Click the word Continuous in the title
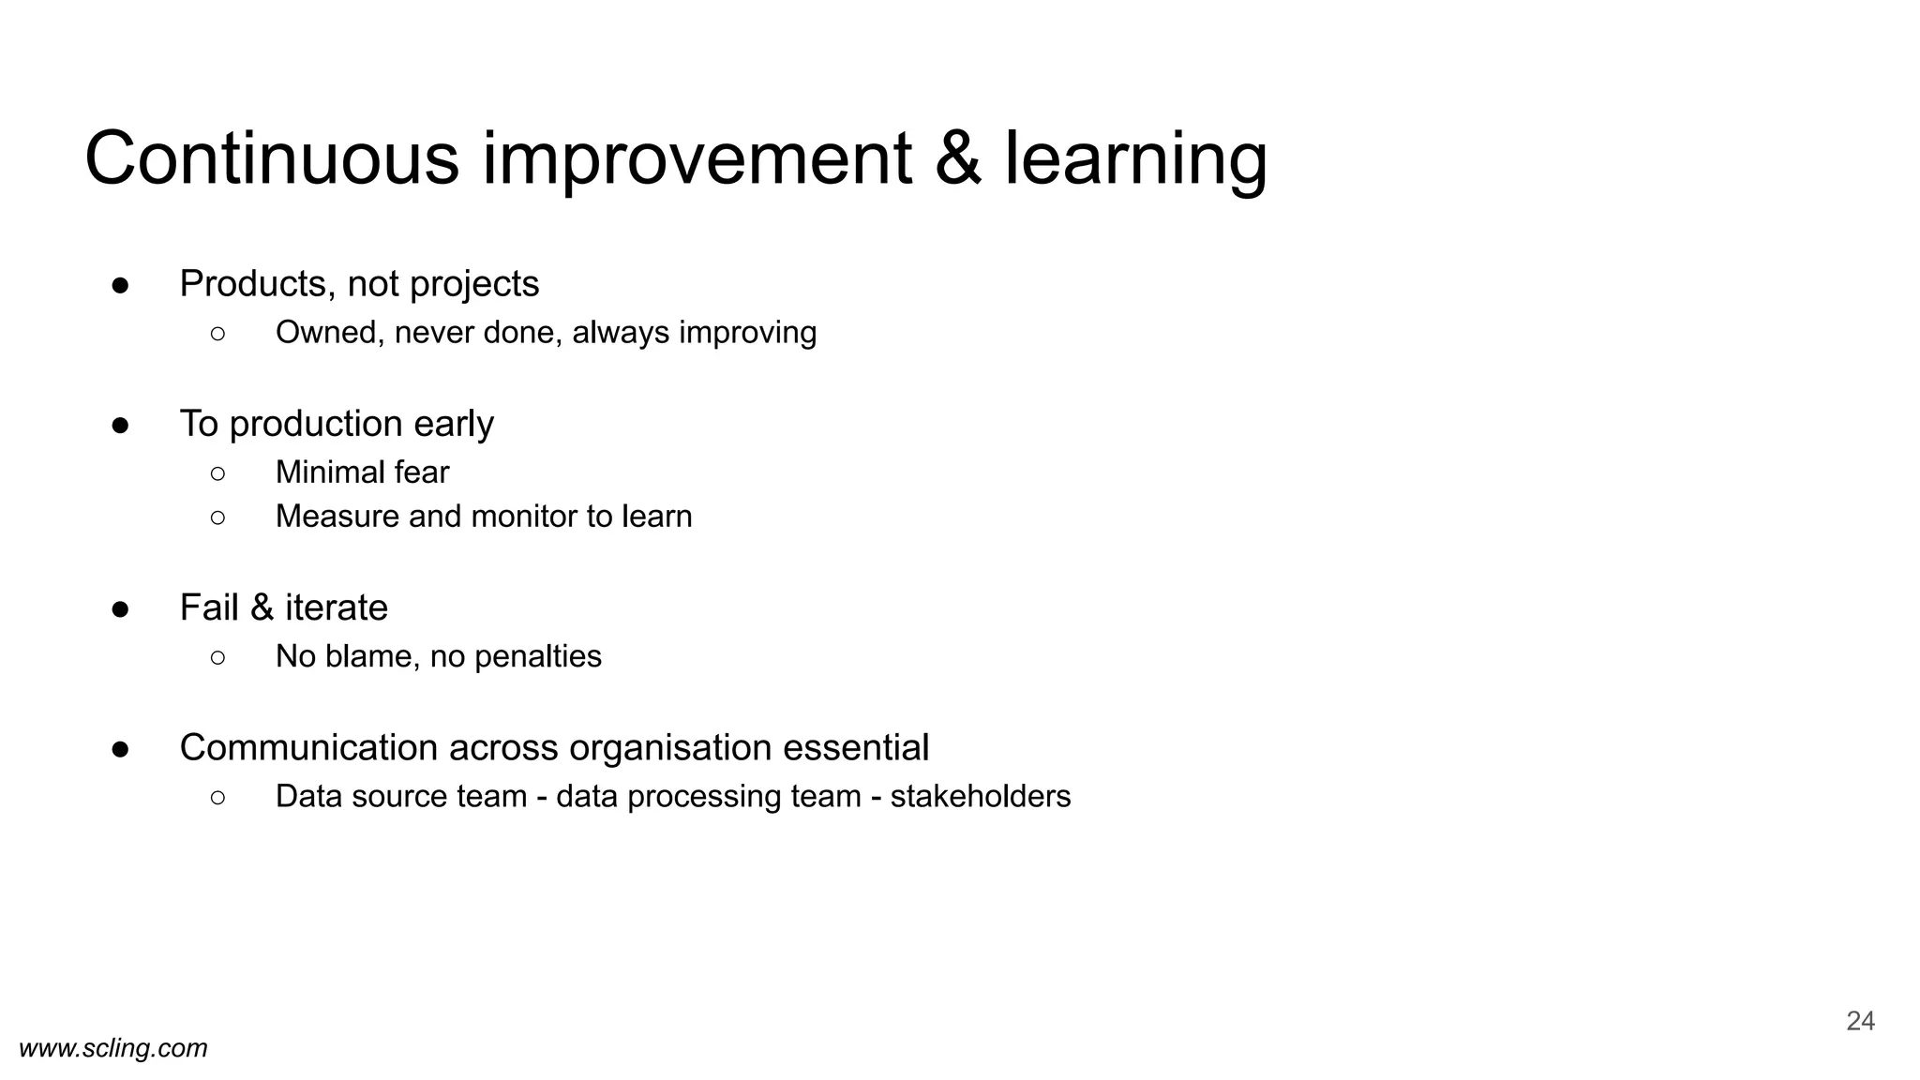(272, 159)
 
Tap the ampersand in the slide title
(957, 159)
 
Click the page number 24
(1860, 1021)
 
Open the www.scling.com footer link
(113, 1048)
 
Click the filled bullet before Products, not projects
(120, 285)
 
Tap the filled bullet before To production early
(120, 425)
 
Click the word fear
(421, 472)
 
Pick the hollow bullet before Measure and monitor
(217, 517)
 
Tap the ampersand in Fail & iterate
(262, 607)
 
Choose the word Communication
(308, 747)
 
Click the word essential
(855, 747)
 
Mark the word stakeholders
(980, 796)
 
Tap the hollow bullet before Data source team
(217, 797)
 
